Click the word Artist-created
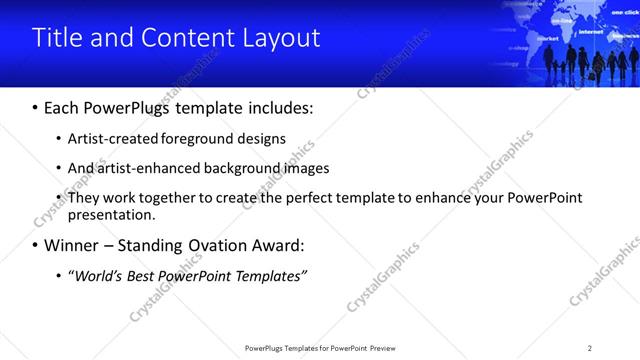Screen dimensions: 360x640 (111, 139)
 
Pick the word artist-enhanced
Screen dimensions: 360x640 (147, 168)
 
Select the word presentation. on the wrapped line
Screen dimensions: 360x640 (112, 214)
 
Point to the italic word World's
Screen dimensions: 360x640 (98, 276)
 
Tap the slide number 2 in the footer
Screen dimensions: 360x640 (590, 348)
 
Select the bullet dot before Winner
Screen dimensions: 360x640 (36, 245)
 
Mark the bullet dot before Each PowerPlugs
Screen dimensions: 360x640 (36, 107)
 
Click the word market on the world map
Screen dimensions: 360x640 (547, 39)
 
